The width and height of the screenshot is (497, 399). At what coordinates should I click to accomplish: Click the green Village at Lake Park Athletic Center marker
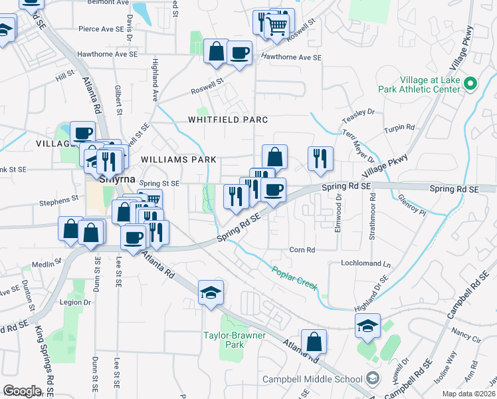[x=470, y=84]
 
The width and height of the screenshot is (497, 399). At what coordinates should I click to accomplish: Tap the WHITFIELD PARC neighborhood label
[x=227, y=120]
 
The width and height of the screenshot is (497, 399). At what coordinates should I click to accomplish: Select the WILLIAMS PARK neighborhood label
[x=179, y=160]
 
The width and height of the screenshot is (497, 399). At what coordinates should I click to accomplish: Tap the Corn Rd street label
[x=302, y=250]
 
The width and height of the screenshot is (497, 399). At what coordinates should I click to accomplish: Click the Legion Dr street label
[x=75, y=302]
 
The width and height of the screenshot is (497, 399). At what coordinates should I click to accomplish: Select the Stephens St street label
[x=58, y=199]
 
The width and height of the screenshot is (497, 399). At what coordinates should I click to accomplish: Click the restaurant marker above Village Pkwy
[x=320, y=158]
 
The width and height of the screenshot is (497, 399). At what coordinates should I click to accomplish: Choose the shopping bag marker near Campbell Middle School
[x=314, y=342]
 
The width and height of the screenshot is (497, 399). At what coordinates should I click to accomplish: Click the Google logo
[x=22, y=391]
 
